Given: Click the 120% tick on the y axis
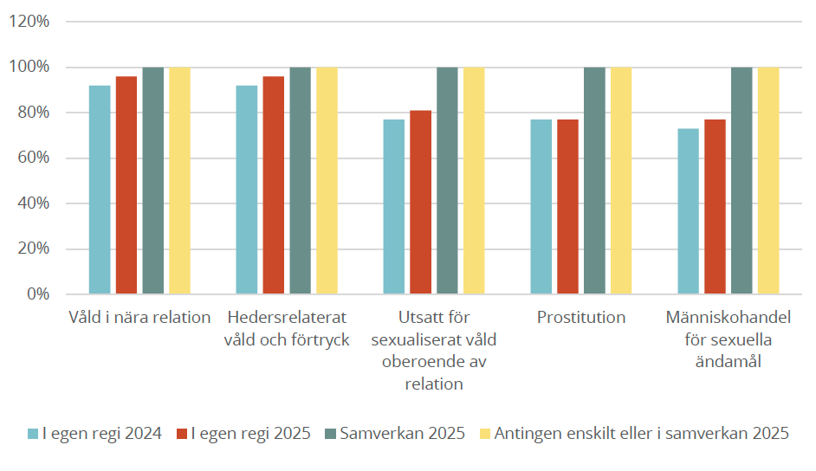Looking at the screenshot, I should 30,22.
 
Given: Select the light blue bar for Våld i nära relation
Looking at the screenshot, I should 100,190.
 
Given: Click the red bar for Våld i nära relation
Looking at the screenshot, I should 126,185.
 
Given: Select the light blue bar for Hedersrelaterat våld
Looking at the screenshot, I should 247,190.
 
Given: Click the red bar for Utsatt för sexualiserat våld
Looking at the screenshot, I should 421,203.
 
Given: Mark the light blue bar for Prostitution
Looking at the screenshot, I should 541,207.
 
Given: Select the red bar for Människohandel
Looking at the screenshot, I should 716,207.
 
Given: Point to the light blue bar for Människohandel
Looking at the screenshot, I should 689,211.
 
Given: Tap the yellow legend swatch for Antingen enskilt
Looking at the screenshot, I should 484,434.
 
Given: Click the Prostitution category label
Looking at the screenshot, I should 580,317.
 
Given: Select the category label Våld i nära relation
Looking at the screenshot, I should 139,317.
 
